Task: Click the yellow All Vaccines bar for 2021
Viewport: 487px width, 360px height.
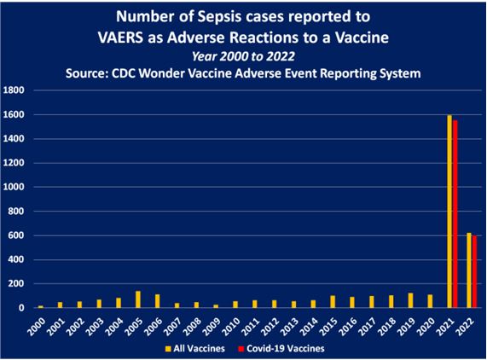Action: [449, 212]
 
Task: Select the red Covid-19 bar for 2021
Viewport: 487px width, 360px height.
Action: [455, 214]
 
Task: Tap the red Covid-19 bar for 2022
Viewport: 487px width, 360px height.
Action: [474, 272]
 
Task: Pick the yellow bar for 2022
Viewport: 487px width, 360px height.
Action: [469, 270]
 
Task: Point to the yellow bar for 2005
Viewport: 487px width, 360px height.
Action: [138, 299]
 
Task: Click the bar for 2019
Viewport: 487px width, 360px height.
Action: [410, 300]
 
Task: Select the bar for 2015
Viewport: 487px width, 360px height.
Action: [333, 302]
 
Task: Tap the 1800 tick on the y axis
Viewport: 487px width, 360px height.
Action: [14, 90]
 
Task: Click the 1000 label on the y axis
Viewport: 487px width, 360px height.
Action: [14, 187]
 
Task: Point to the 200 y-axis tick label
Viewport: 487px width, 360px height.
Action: [17, 283]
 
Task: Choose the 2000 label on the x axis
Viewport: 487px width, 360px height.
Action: [37, 327]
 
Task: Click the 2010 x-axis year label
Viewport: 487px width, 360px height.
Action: [231, 327]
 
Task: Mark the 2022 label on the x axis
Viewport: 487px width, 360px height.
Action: [466, 327]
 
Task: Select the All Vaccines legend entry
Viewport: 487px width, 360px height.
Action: [195, 349]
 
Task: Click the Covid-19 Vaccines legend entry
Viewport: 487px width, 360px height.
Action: [281, 349]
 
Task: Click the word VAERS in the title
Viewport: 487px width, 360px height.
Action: [120, 38]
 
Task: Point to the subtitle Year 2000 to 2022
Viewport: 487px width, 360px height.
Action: [243, 56]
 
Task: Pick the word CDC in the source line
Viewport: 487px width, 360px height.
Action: [123, 73]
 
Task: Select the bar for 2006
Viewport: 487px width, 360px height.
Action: [158, 301]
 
